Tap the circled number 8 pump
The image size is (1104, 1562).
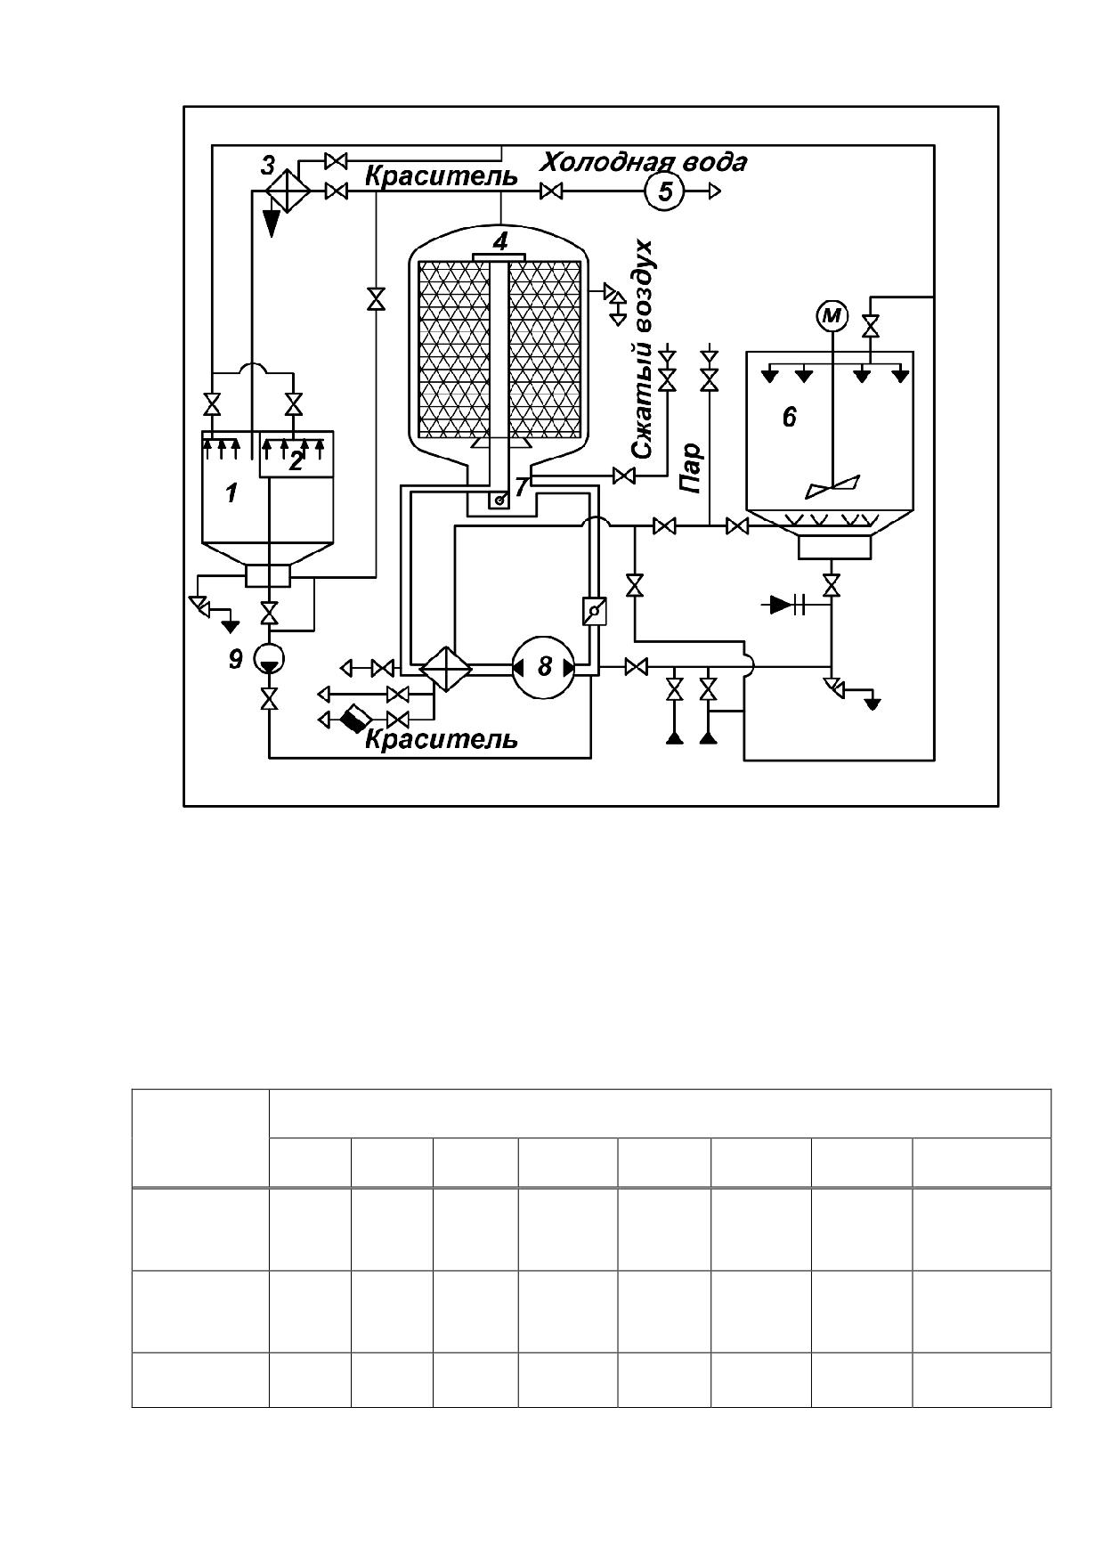544,666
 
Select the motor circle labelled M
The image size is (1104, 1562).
832,315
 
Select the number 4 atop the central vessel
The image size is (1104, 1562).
500,240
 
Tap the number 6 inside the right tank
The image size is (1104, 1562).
790,417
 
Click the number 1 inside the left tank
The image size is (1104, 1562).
231,492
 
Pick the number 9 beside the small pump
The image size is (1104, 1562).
235,660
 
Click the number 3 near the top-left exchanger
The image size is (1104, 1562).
268,166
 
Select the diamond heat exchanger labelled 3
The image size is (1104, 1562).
287,191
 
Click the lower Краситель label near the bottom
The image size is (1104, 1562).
442,738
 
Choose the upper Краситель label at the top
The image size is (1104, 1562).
442,175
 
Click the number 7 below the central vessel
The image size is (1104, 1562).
522,485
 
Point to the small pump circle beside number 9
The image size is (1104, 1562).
268,659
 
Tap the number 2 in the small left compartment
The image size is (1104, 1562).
296,460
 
